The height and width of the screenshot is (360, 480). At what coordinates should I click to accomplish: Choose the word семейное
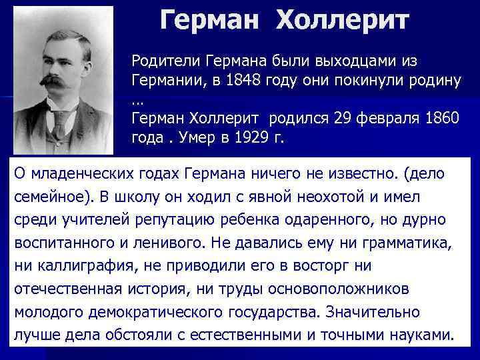click(x=51, y=197)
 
